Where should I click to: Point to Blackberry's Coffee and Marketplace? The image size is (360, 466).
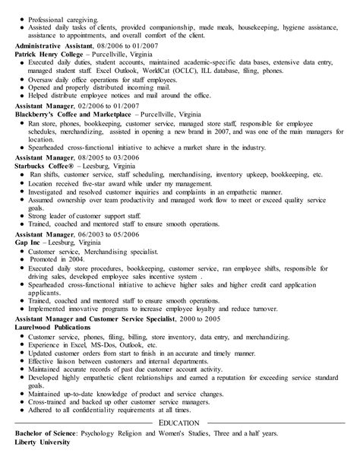pyautogui.click(x=80, y=113)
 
